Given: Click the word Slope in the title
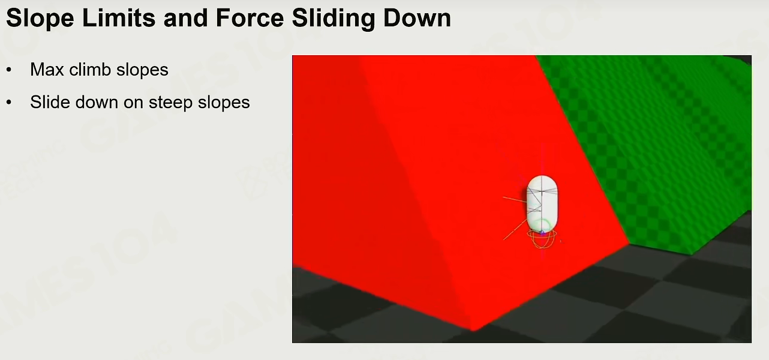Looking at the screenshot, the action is [40, 19].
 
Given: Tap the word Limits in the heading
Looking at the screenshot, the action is [119, 18].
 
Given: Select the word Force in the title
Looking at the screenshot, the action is [250, 18].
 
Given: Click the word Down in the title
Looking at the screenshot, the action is [417, 18].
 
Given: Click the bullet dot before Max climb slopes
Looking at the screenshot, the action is [9, 70].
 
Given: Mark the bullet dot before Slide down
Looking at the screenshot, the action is [9, 102].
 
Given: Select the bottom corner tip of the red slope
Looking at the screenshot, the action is [473, 331].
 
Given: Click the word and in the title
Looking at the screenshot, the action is [186, 18].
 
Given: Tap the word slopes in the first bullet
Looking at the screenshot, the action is [142, 70].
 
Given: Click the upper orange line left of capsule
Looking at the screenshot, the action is [515, 200].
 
